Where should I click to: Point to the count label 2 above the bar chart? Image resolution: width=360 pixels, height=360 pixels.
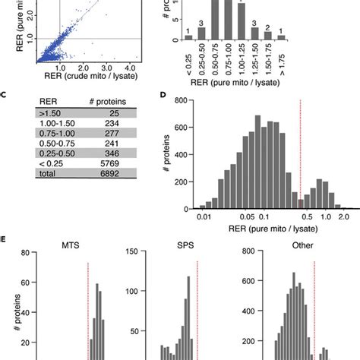pos(267,28)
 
